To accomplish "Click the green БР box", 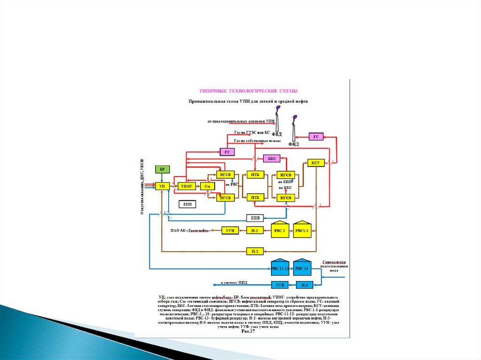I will pos(162,169).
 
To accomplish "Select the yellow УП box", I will pos(162,186).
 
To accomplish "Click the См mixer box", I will pos(207,186).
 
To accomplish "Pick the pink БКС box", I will pos(272,158).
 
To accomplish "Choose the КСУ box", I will pos(316,163).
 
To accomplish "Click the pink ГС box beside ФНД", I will pos(316,137).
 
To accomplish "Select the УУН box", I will pos(230,230).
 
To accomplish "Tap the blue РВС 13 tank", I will pos(302,268).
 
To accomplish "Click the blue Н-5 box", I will pos(304,284).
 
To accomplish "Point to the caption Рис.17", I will pos(248,331).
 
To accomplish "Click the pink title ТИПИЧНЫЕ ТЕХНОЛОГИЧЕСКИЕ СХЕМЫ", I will pos(248,91).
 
